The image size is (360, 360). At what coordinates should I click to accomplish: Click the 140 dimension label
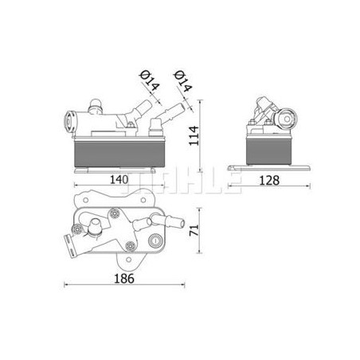click(x=119, y=180)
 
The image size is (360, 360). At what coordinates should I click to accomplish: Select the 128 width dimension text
click(x=269, y=181)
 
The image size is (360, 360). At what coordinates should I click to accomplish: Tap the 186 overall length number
click(x=124, y=279)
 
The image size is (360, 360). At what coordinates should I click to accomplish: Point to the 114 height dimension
click(x=194, y=135)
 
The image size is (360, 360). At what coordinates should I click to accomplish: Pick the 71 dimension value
click(x=194, y=230)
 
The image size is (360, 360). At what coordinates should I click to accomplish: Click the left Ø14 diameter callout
click(x=149, y=80)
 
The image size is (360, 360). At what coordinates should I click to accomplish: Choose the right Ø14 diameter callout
click(x=182, y=81)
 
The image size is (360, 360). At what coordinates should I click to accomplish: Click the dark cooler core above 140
click(x=119, y=154)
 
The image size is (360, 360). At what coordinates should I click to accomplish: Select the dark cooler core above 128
click(x=268, y=151)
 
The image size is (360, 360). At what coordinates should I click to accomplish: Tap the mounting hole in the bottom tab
click(x=128, y=260)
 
